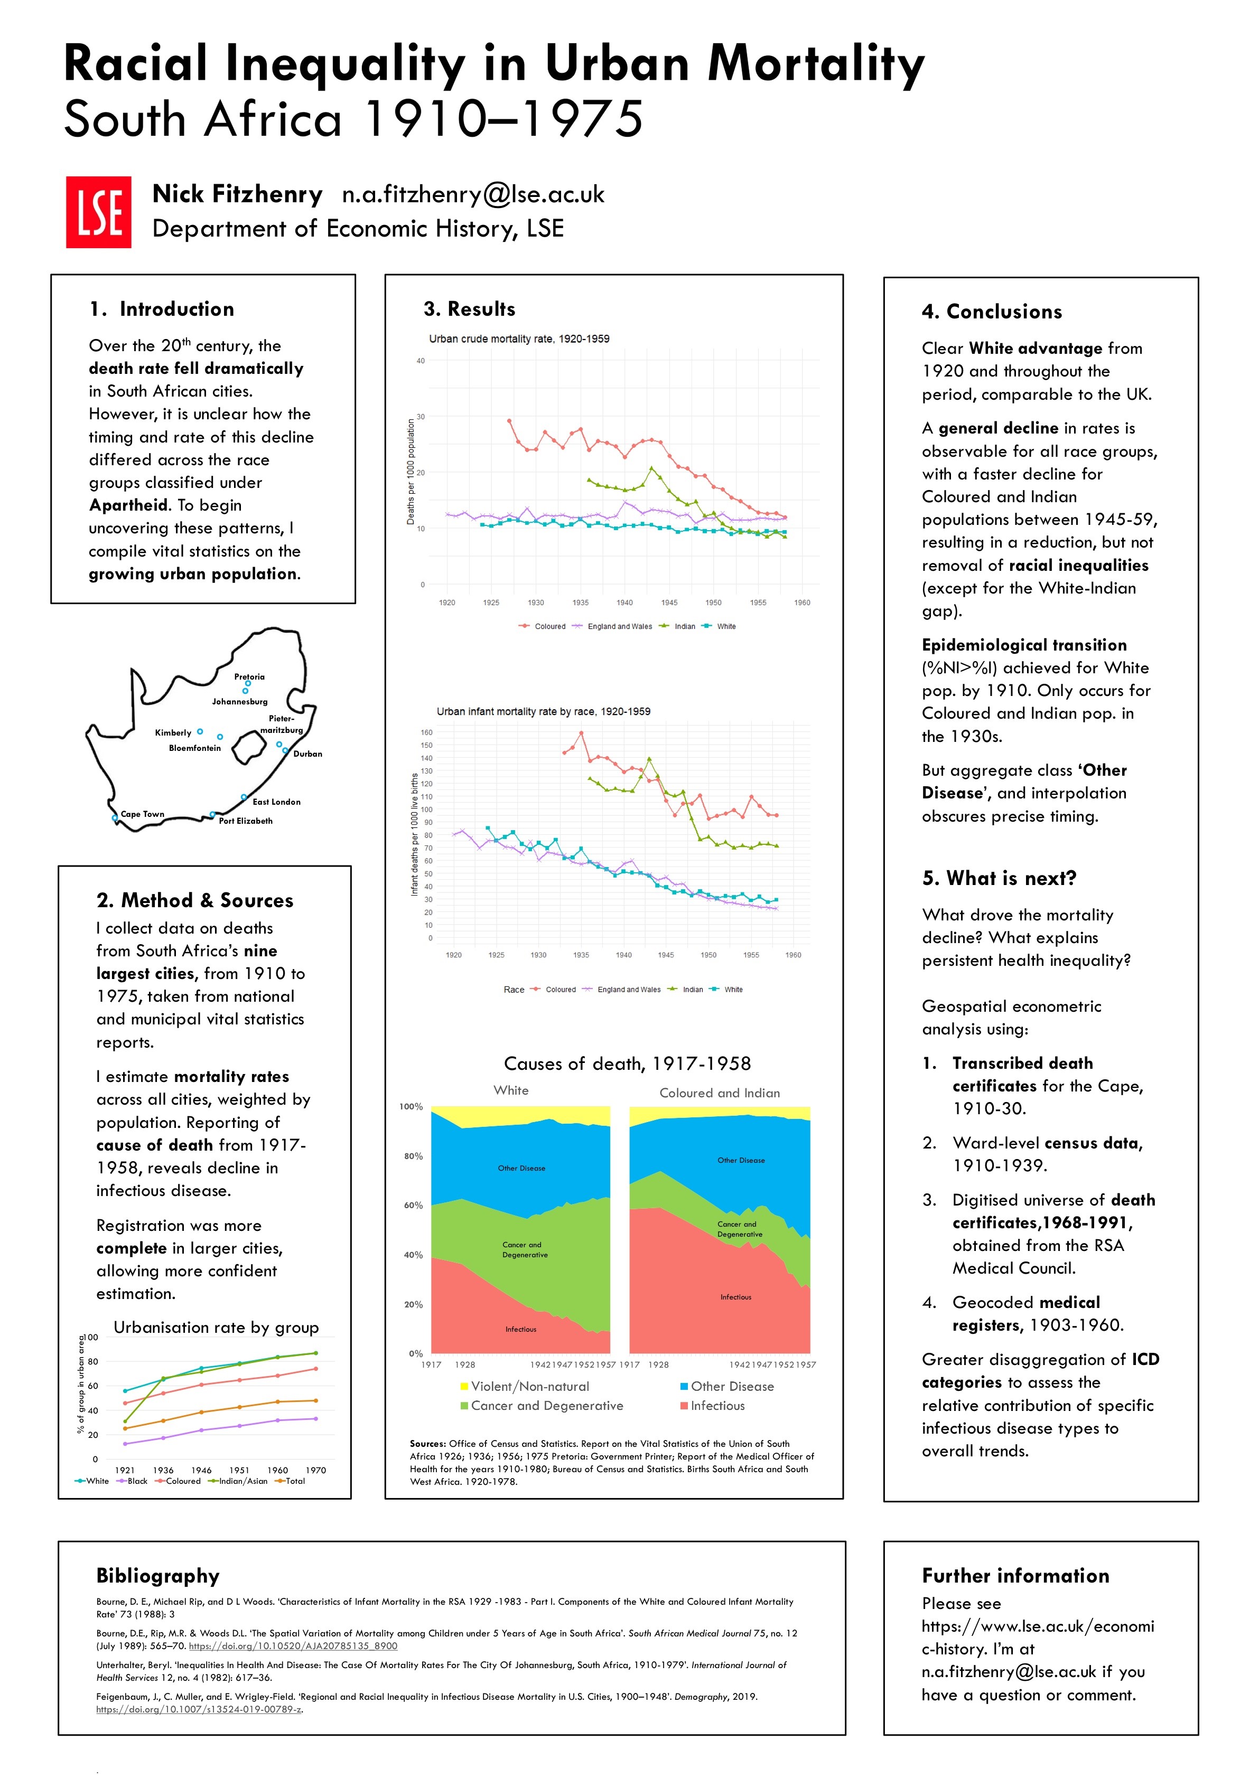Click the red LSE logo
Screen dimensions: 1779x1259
98,212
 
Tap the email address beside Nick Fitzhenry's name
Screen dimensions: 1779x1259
473,194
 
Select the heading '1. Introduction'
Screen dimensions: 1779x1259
161,309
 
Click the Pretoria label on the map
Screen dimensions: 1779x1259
249,676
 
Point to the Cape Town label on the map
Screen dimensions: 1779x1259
143,814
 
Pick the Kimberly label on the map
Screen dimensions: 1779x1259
173,732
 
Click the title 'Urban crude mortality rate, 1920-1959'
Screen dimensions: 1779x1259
519,338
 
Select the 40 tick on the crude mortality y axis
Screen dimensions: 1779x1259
420,361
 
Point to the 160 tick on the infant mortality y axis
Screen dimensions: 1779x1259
426,732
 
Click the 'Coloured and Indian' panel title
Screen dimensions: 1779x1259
720,1093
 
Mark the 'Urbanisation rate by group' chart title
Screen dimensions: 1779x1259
216,1328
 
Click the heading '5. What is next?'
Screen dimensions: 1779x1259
999,878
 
